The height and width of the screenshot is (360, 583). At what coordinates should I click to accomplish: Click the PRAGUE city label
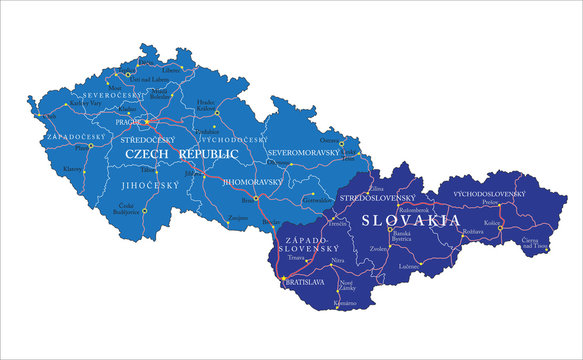coord(129,122)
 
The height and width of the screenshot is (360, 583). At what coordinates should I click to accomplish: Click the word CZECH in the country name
coord(148,155)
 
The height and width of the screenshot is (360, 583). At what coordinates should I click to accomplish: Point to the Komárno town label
coord(345,303)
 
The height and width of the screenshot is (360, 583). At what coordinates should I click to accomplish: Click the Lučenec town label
coord(407,266)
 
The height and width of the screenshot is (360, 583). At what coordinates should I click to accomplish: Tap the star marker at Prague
coord(147,122)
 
